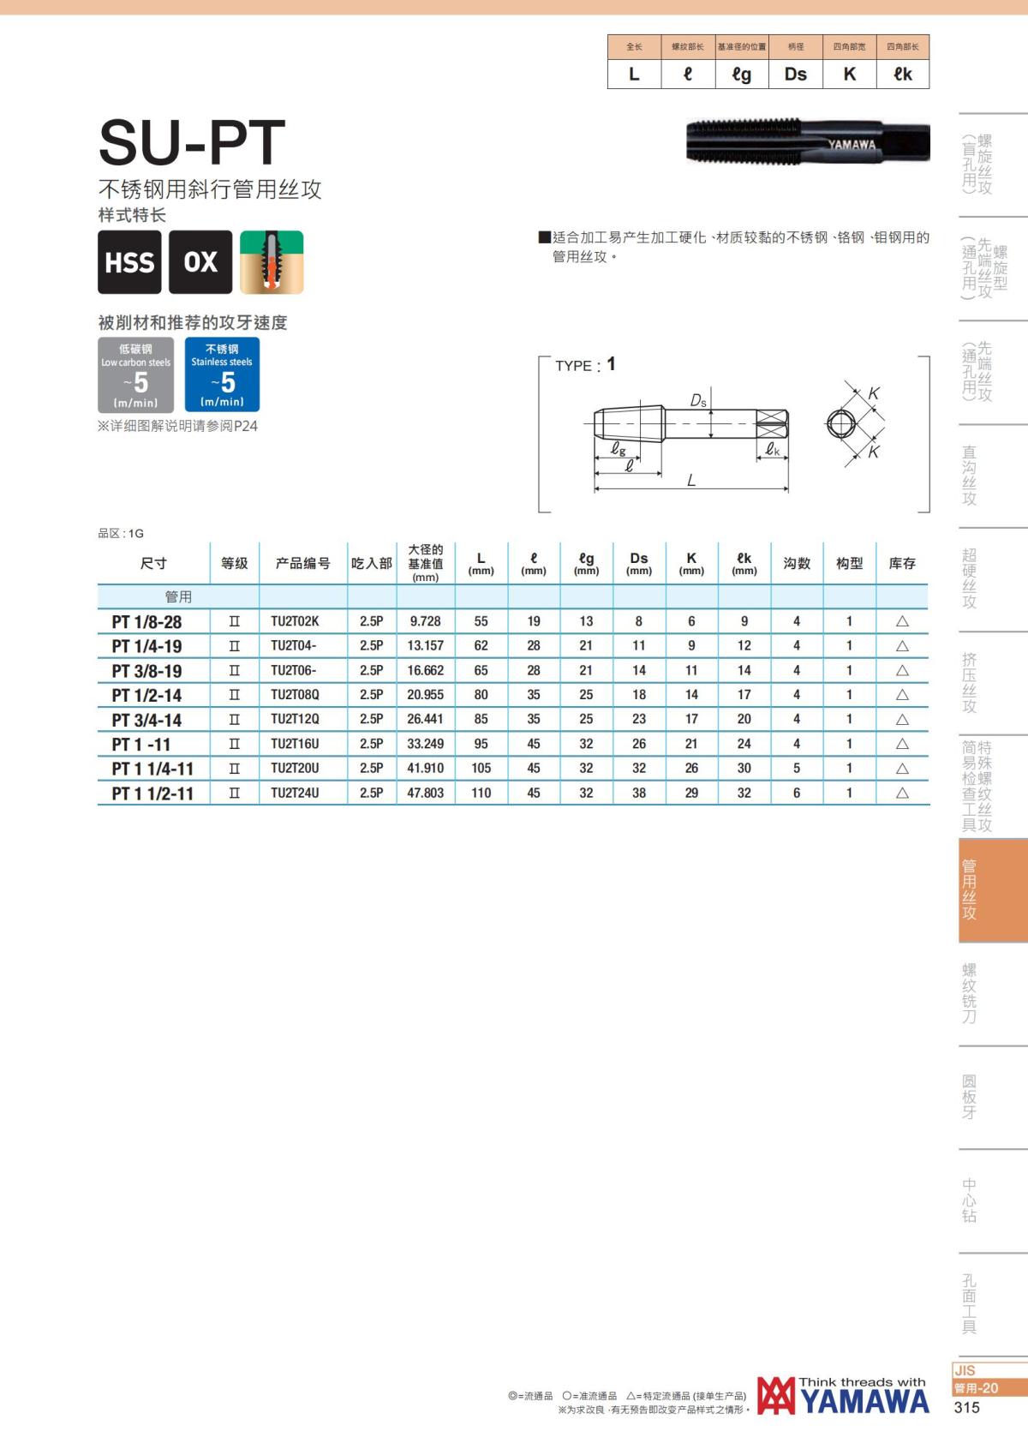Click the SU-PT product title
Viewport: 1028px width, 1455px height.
[x=192, y=142]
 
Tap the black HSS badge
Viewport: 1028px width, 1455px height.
[x=130, y=261]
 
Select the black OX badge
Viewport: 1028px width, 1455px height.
[x=200, y=261]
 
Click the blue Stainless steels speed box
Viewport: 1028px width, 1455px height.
[x=222, y=374]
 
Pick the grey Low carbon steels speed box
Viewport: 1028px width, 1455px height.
[x=135, y=374]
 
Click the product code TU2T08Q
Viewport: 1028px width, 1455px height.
[x=295, y=694]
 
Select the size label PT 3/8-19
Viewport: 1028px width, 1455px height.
[x=146, y=670]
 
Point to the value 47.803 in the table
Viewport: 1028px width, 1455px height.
[x=426, y=793]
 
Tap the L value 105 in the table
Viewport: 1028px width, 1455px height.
[x=481, y=768]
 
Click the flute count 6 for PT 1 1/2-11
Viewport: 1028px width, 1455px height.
[x=797, y=793]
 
